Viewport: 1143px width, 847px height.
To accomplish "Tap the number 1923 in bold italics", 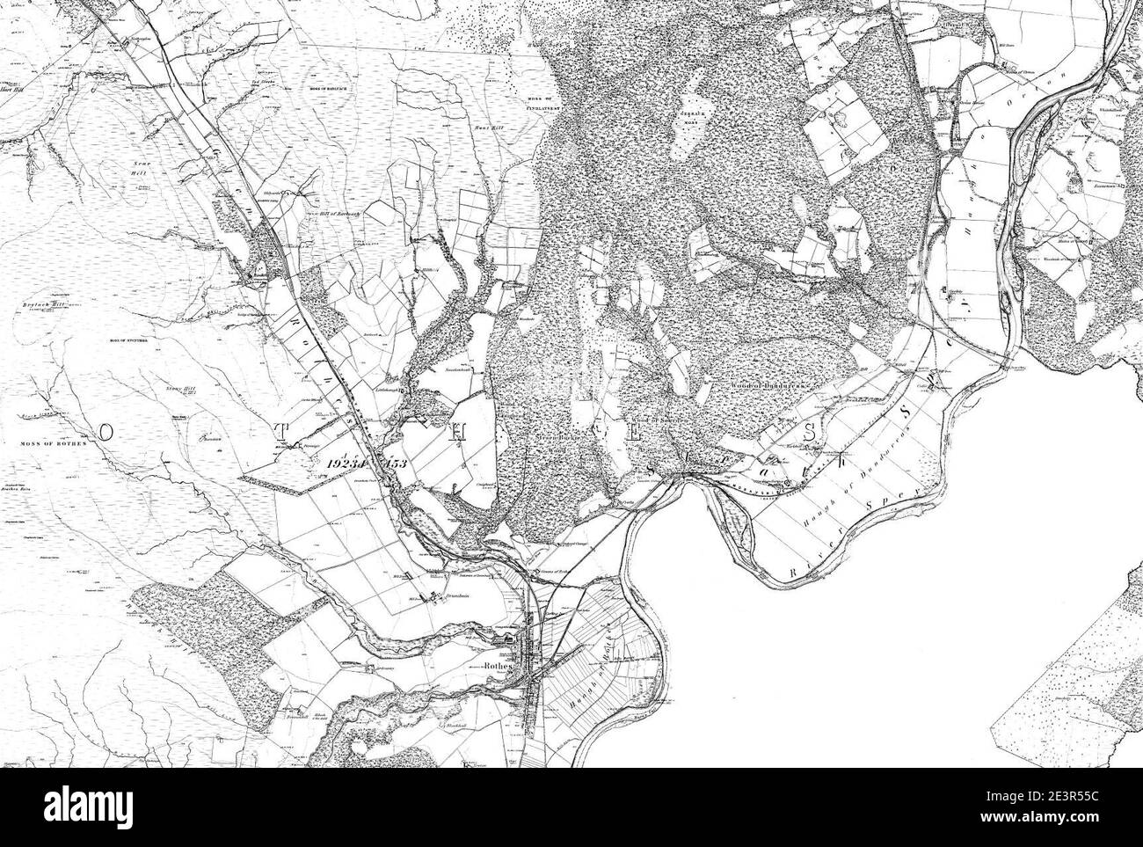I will tap(348, 463).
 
